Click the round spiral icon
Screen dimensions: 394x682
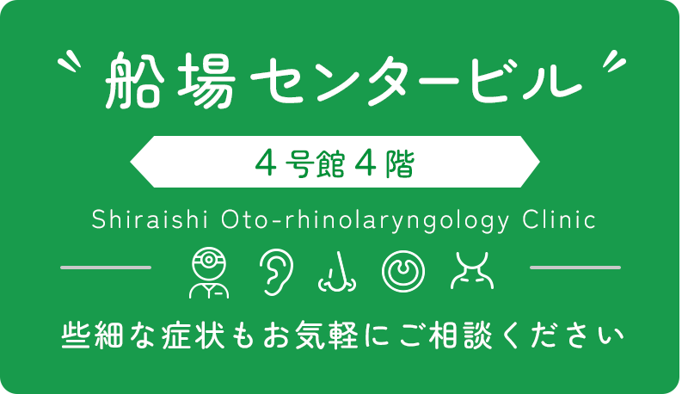tap(402, 270)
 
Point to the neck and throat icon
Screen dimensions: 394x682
tap(471, 270)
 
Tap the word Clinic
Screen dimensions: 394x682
tap(559, 219)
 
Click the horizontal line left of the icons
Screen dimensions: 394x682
tap(106, 268)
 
